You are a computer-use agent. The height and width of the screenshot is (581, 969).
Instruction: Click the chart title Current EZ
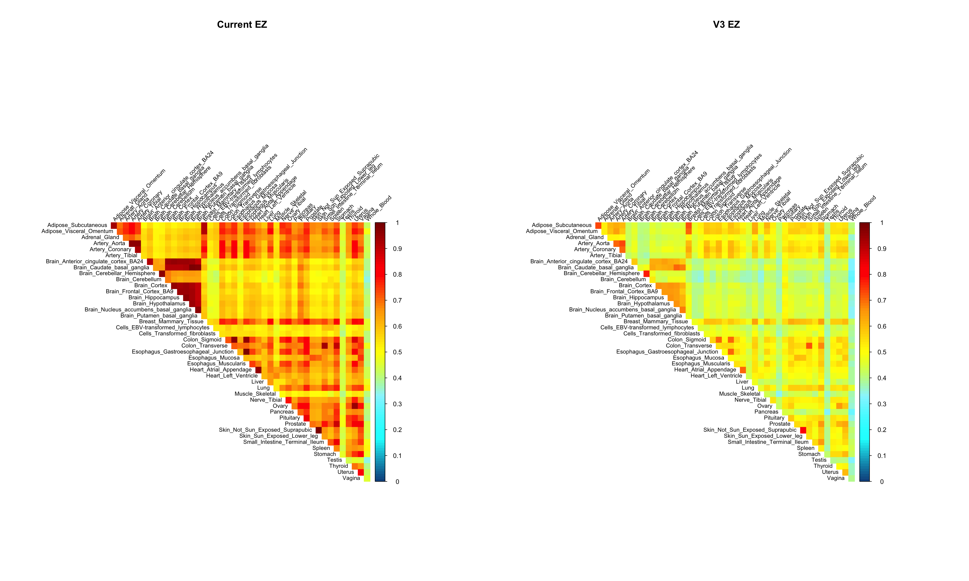click(x=242, y=25)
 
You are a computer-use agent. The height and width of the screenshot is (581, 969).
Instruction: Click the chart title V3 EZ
click(x=726, y=25)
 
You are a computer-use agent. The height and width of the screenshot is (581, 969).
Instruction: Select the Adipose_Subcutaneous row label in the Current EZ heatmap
click(x=77, y=225)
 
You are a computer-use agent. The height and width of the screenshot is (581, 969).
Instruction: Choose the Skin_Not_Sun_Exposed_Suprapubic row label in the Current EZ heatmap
click(x=265, y=430)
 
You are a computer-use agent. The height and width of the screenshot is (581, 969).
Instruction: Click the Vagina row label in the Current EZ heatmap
click(x=351, y=478)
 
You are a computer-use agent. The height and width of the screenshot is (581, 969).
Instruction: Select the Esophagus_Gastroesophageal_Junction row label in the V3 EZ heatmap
click(x=667, y=352)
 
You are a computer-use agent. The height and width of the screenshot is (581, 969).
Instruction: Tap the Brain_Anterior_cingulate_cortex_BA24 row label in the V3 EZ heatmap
click(x=579, y=262)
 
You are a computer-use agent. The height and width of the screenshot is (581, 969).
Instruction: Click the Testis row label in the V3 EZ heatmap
click(x=819, y=460)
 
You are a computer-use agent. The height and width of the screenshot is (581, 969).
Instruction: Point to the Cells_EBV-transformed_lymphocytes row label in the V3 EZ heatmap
click(x=647, y=328)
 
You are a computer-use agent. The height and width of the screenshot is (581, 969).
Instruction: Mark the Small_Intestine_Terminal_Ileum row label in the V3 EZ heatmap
click(x=768, y=442)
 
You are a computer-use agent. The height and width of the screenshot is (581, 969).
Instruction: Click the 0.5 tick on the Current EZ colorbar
click(x=397, y=352)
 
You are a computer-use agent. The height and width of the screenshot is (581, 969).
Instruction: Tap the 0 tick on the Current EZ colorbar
click(x=397, y=482)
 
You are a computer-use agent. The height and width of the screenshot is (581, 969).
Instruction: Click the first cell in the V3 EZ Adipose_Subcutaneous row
click(x=598, y=225)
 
